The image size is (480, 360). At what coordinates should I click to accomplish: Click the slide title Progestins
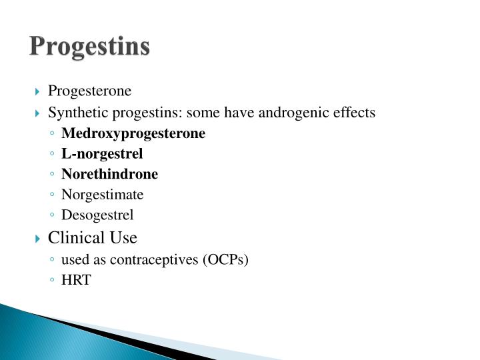tap(90, 47)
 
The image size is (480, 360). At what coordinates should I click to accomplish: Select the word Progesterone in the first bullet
tap(90, 91)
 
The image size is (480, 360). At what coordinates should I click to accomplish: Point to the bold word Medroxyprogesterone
tap(133, 133)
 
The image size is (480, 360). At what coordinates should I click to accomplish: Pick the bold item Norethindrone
tap(110, 174)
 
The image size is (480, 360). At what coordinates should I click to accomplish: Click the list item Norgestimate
tap(102, 195)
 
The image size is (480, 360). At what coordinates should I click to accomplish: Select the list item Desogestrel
tap(97, 215)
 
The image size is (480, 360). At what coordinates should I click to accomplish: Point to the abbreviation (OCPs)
tap(225, 260)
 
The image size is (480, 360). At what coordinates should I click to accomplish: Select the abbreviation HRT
tap(75, 281)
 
